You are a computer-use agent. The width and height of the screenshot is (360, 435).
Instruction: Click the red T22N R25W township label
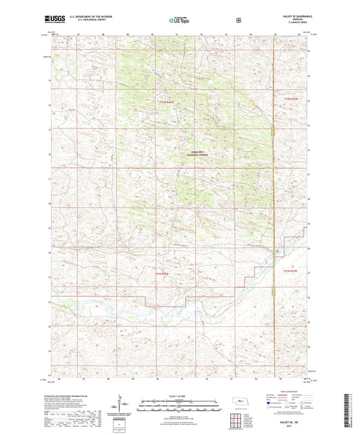pyautogui.click(x=167, y=102)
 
